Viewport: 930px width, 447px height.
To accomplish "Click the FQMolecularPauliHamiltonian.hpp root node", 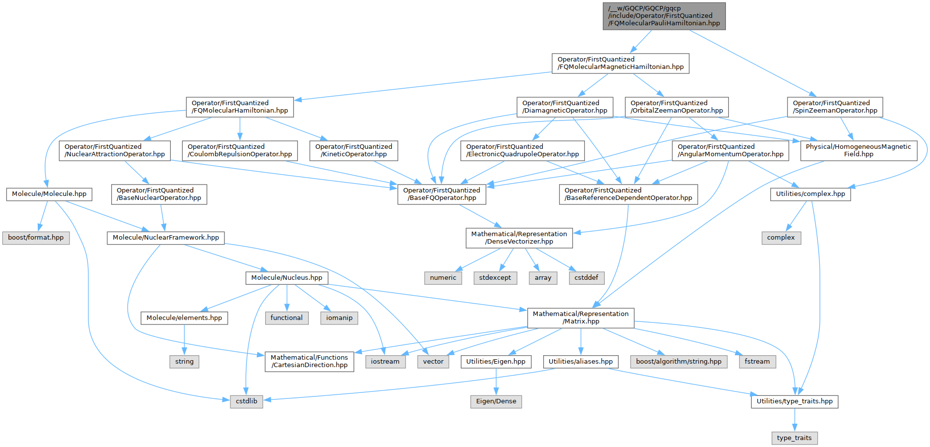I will (664, 16).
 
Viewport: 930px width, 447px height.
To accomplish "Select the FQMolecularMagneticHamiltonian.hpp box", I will (620, 63).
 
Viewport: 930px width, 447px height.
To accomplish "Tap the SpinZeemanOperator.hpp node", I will (835, 107).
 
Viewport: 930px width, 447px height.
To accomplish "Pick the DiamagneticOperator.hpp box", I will (565, 107).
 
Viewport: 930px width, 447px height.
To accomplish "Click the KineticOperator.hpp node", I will (354, 150).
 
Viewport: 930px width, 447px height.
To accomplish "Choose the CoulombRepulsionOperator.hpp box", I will (240, 150).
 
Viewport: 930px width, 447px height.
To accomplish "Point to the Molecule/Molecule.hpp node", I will (49, 194).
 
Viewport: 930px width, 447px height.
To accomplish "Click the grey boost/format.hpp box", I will (36, 238).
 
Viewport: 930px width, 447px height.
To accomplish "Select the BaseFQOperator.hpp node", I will (441, 194).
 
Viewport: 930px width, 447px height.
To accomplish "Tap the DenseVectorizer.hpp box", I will (519, 238).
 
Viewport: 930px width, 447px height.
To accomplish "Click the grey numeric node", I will (443, 278).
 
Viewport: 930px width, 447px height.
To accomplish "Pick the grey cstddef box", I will (586, 278).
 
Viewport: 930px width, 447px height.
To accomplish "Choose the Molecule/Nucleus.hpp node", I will (286, 278).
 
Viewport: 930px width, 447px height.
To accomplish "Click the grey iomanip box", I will (339, 318).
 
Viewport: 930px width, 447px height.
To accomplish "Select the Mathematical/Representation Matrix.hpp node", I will (580, 318).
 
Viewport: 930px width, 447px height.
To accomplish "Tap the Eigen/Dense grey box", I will (496, 401).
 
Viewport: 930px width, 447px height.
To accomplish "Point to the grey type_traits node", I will (794, 438).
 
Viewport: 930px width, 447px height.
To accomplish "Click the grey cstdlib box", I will (246, 401).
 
